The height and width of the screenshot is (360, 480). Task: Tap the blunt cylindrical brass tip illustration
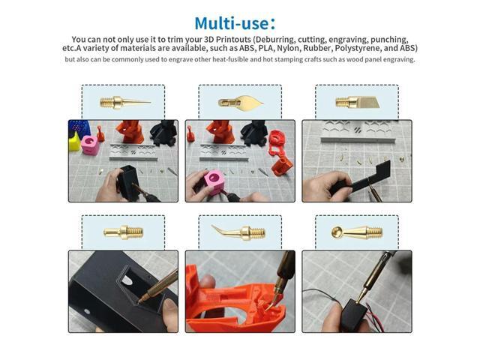coord(123,232)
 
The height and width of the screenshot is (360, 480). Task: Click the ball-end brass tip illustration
coord(357,232)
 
